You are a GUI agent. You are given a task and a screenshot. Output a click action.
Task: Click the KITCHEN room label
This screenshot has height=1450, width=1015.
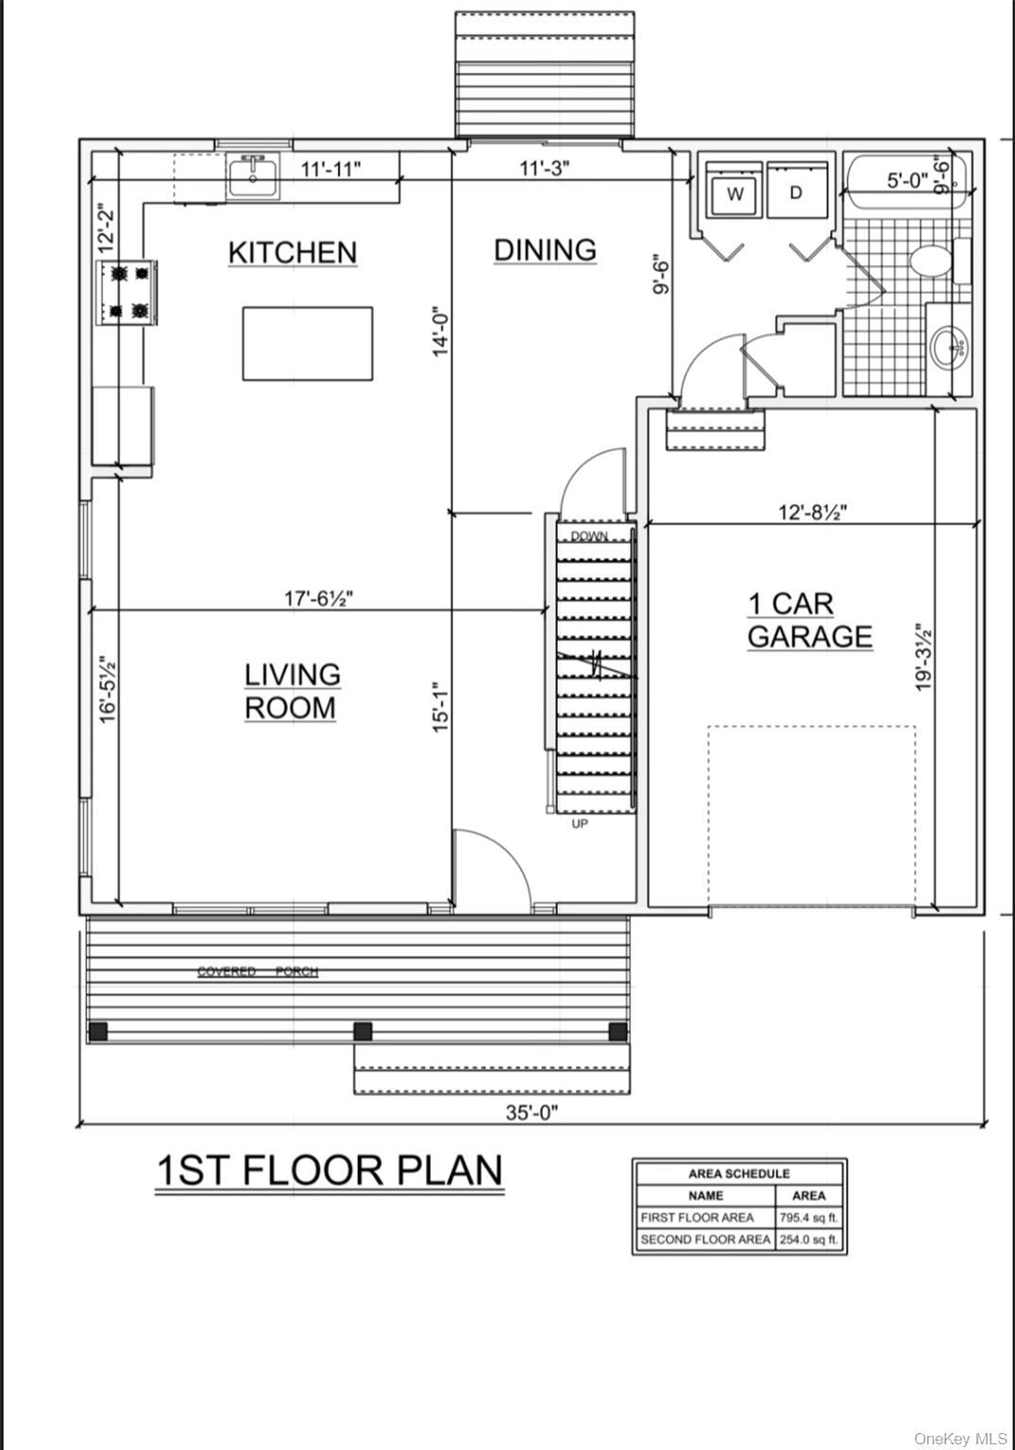point(293,253)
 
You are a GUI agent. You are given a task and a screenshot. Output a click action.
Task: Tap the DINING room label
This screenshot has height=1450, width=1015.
point(545,250)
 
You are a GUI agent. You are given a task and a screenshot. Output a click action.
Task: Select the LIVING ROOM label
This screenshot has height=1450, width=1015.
point(292,691)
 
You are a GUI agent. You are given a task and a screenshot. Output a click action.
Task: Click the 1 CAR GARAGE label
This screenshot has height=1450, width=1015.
point(809,620)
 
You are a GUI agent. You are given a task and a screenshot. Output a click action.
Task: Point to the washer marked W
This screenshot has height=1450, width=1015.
point(736,194)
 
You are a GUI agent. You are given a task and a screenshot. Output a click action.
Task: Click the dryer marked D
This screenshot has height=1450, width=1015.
point(795,193)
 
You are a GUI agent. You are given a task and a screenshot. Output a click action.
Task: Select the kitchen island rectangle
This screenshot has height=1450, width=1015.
point(307,343)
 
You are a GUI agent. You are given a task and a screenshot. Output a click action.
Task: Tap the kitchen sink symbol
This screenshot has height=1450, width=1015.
point(253,177)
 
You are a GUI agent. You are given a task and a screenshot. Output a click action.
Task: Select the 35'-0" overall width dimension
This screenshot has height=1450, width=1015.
point(532,1112)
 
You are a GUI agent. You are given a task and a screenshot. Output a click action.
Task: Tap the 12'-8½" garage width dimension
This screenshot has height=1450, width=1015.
point(812,513)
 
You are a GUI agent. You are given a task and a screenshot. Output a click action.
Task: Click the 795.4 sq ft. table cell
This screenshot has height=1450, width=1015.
point(809,1218)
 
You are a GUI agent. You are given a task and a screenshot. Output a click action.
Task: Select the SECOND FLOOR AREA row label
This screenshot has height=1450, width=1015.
point(704,1239)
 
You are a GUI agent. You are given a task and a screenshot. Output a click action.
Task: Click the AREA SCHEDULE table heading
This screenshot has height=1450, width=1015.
point(738,1173)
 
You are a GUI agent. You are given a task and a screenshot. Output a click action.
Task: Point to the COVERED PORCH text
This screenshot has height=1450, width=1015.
point(257,971)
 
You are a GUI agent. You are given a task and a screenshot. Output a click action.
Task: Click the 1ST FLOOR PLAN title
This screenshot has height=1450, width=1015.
point(329,1171)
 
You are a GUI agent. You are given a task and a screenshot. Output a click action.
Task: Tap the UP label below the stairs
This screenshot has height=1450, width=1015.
point(580,824)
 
